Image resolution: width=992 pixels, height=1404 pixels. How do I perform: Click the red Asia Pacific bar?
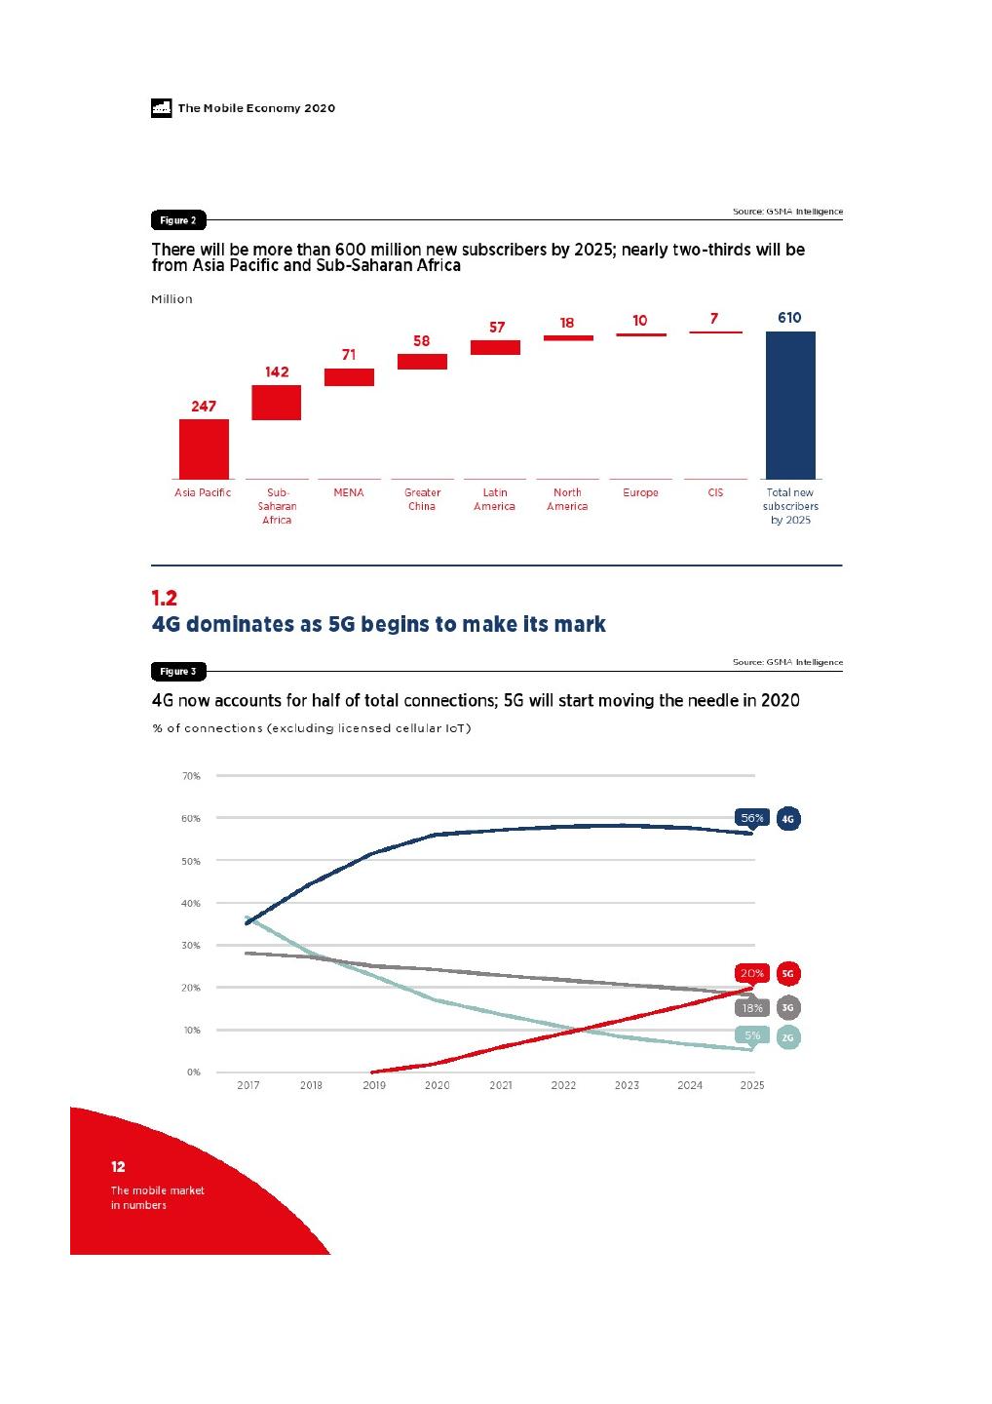[204, 448]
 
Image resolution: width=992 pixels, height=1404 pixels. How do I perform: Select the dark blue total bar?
[790, 405]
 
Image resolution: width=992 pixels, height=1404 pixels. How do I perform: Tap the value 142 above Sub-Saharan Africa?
[277, 371]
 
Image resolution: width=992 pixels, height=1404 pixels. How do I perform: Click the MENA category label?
[349, 492]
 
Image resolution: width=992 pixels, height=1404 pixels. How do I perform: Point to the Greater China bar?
[422, 362]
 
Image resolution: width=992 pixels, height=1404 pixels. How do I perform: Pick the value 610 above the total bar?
[789, 318]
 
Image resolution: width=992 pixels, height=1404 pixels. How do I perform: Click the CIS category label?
[715, 492]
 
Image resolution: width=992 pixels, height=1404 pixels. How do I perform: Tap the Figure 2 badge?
[178, 220]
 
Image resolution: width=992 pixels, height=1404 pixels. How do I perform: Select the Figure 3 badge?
[178, 672]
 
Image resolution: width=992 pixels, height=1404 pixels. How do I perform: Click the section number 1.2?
[165, 598]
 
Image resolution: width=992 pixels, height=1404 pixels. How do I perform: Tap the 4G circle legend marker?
[788, 819]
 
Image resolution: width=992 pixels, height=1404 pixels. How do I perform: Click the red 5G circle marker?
[788, 973]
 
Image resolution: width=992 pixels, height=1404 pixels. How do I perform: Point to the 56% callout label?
[752, 818]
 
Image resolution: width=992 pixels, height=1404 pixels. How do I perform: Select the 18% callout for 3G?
[752, 1008]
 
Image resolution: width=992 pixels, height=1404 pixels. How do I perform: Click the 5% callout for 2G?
[752, 1035]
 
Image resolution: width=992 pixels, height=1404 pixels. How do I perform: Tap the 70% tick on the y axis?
[191, 776]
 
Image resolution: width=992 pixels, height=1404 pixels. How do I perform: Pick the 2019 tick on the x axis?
[374, 1085]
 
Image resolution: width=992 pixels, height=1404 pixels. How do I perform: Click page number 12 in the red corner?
[118, 1166]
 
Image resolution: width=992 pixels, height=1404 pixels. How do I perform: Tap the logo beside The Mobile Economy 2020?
[162, 108]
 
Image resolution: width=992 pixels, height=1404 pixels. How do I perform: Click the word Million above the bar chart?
[172, 299]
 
